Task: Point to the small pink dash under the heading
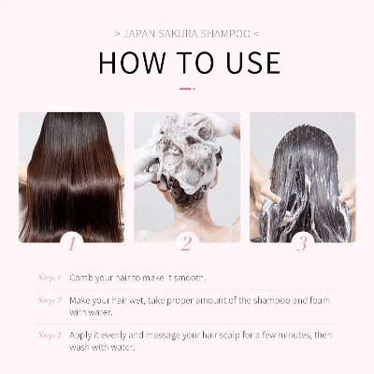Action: (x=187, y=89)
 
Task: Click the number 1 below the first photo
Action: (x=71, y=243)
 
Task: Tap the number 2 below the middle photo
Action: (x=186, y=243)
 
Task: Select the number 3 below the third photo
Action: (x=301, y=243)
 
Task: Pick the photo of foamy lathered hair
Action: (x=186, y=173)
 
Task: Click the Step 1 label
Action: (x=50, y=278)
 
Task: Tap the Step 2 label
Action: (x=50, y=300)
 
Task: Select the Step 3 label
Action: (x=50, y=334)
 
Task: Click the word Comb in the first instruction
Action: (x=81, y=279)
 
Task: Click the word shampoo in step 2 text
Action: (x=264, y=300)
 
